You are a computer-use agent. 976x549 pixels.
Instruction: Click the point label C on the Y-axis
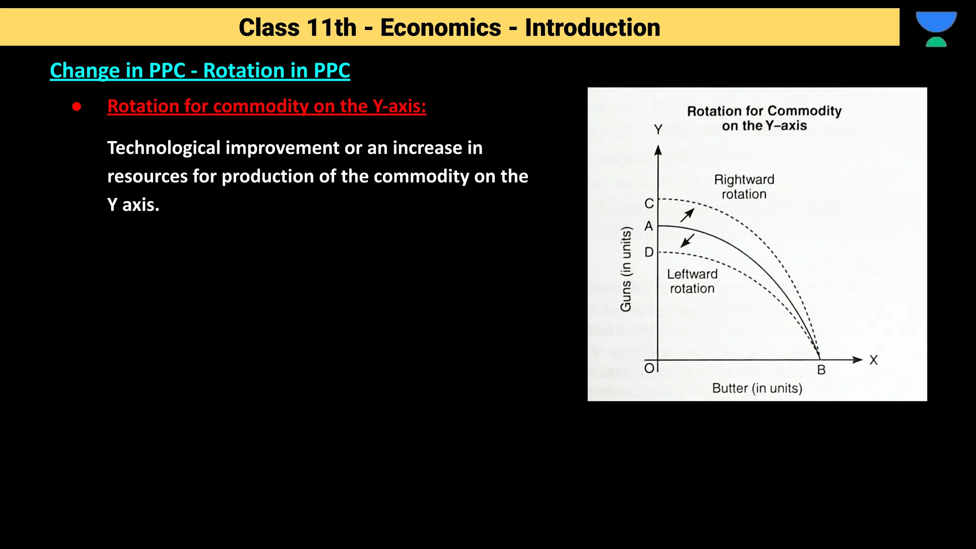(649, 204)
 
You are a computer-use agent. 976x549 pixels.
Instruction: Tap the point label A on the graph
(649, 226)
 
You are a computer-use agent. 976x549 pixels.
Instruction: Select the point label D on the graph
(649, 252)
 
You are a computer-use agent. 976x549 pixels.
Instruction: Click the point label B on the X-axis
(821, 370)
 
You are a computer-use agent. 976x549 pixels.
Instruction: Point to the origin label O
(649, 368)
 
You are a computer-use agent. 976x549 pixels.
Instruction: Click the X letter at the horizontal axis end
(873, 360)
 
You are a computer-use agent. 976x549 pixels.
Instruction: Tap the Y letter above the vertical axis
(658, 130)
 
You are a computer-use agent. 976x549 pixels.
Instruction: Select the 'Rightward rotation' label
(744, 187)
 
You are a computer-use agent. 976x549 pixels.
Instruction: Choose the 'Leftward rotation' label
(692, 281)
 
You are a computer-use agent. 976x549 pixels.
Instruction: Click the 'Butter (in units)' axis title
(757, 388)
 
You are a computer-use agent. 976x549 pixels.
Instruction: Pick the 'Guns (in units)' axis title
(626, 269)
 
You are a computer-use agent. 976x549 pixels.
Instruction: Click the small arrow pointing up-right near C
(687, 215)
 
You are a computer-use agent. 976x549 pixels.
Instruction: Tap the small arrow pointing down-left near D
(687, 241)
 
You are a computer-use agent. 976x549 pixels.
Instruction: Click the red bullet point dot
(77, 107)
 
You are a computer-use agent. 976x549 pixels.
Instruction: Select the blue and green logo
(936, 29)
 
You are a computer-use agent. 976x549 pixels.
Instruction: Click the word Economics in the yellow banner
(440, 28)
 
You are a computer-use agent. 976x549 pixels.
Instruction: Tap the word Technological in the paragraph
(163, 148)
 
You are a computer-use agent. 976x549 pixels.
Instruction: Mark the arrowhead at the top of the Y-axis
(658, 151)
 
